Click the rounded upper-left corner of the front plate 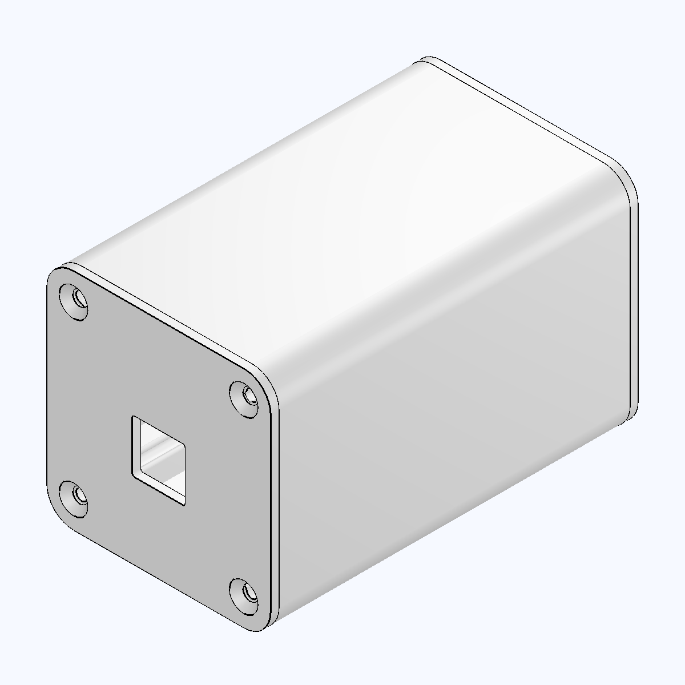pyautogui.click(x=56, y=274)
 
